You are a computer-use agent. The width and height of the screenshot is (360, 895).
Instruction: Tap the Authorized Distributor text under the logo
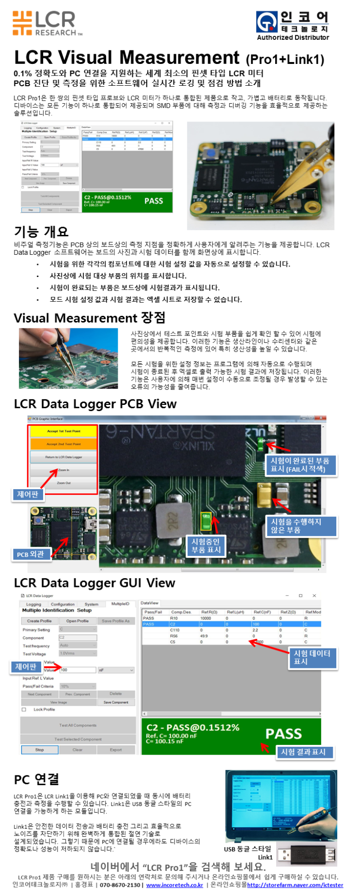293,38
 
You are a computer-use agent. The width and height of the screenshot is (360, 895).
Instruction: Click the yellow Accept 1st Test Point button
63,431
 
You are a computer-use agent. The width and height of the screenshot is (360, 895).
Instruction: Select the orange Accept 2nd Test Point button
63,444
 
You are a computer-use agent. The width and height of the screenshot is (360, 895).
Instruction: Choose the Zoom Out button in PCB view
63,482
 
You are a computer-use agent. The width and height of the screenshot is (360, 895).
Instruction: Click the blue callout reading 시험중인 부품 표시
206,546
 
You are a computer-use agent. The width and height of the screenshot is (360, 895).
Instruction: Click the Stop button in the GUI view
40,750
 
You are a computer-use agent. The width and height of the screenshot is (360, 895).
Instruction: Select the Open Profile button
78,621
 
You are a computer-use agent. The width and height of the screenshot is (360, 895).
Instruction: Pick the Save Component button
116,702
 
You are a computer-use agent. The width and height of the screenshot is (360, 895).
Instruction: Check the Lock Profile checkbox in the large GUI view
24,710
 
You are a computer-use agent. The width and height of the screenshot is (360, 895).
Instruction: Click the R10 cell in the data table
174,618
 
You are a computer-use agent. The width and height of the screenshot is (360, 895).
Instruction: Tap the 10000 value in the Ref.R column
206,618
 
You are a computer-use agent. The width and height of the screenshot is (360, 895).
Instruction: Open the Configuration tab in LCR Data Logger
63,604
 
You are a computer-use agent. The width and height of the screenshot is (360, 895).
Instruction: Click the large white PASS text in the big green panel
283,734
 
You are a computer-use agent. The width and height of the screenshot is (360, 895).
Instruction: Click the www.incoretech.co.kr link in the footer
174,885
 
